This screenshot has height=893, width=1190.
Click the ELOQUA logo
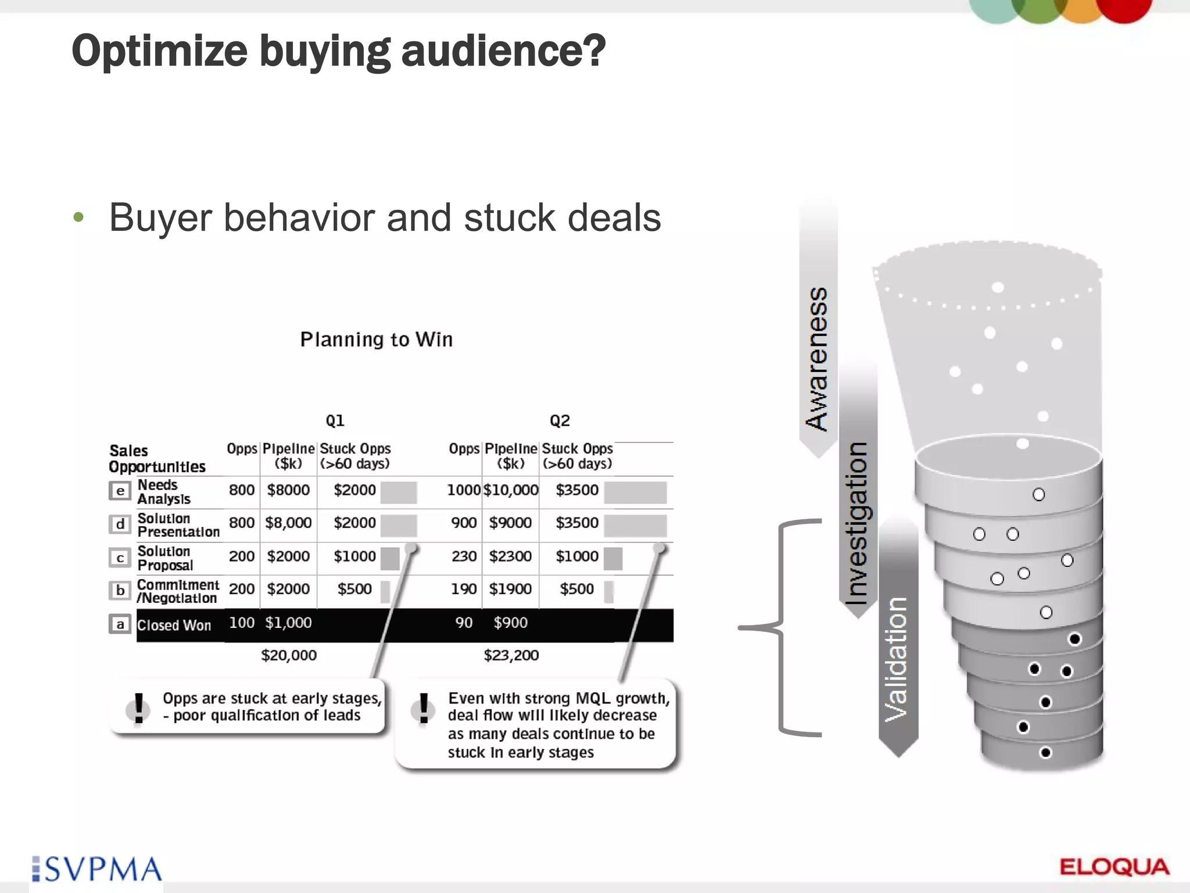(1114, 867)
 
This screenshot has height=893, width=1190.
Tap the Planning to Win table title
(376, 340)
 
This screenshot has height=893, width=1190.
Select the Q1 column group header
(335, 420)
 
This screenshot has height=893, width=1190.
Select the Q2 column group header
(560, 420)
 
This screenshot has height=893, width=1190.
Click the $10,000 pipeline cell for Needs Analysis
(511, 490)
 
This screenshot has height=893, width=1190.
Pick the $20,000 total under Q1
(289, 655)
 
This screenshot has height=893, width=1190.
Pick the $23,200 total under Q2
(511, 655)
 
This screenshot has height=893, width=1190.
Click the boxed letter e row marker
(120, 491)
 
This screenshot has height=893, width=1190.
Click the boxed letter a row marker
(120, 624)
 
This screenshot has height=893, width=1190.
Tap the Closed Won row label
(174, 626)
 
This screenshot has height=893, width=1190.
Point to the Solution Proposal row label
(165, 558)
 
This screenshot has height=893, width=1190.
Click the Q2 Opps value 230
(464, 556)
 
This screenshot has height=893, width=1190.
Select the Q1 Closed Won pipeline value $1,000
(288, 623)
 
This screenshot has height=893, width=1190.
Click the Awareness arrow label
(817, 358)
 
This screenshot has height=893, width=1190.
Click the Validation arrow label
(897, 659)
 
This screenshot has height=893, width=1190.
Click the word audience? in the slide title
(503, 51)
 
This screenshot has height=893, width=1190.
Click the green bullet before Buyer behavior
(78, 218)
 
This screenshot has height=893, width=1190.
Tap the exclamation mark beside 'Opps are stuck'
(138, 708)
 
